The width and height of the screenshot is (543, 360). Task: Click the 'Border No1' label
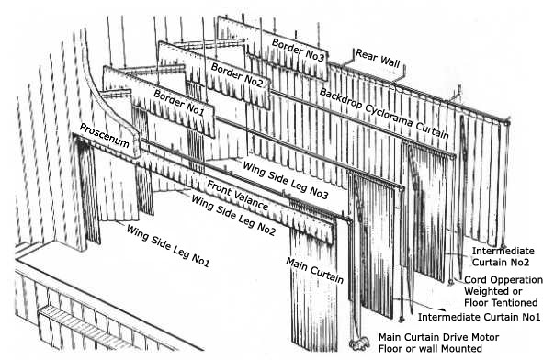coord(178,103)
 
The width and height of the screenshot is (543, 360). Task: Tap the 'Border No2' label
coord(236,75)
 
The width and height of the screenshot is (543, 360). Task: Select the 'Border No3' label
coord(298,51)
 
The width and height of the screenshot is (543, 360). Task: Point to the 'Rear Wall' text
coord(378,58)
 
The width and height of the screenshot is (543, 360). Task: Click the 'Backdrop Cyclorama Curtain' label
coord(384,114)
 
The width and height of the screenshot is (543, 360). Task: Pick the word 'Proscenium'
coord(105,135)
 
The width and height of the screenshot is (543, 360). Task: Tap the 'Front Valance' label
coord(237,196)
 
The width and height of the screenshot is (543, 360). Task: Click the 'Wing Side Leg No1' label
coord(168,246)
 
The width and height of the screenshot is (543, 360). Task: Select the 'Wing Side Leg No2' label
coord(233,215)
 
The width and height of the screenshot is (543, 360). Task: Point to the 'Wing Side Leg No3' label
coord(286,180)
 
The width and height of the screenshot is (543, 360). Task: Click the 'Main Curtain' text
coord(314,270)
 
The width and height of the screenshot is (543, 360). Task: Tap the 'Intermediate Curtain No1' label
coord(479,317)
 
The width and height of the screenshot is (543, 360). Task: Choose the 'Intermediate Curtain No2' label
coord(503,256)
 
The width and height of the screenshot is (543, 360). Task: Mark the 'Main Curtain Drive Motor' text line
coord(438,337)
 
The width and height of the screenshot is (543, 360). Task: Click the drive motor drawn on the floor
coord(359,344)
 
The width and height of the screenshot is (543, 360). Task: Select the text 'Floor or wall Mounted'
coord(430,349)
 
